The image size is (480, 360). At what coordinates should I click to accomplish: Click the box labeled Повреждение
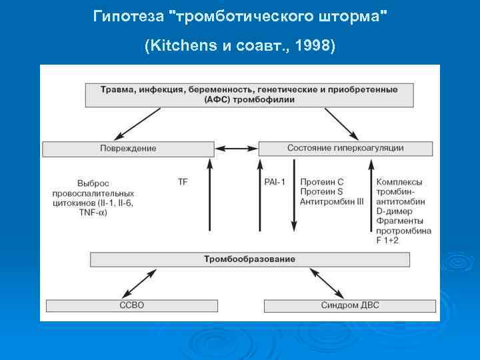point(128,148)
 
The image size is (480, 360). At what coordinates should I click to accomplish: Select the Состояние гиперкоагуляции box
point(345,148)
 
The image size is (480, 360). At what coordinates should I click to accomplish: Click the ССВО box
point(130,305)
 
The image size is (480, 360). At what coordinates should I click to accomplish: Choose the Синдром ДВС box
point(350,305)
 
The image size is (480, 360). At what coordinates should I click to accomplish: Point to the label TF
point(183,181)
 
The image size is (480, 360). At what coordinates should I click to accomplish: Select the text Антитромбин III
point(332,201)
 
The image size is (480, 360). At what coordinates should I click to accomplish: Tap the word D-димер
point(395,211)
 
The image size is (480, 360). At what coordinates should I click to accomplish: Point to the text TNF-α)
point(93,212)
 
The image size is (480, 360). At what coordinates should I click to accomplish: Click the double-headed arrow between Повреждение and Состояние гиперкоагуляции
point(236,148)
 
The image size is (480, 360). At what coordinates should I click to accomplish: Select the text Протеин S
point(321,191)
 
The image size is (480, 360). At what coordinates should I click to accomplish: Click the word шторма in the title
point(351,15)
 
